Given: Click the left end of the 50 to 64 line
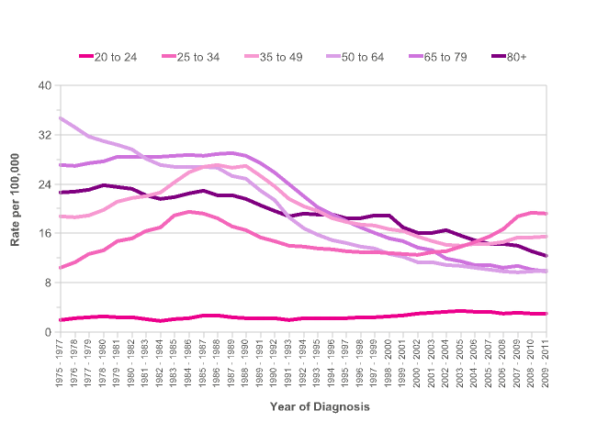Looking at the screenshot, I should (x=60, y=118).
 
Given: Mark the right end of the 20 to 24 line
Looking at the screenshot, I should (x=547, y=314).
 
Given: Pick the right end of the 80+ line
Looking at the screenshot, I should (x=547, y=256).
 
